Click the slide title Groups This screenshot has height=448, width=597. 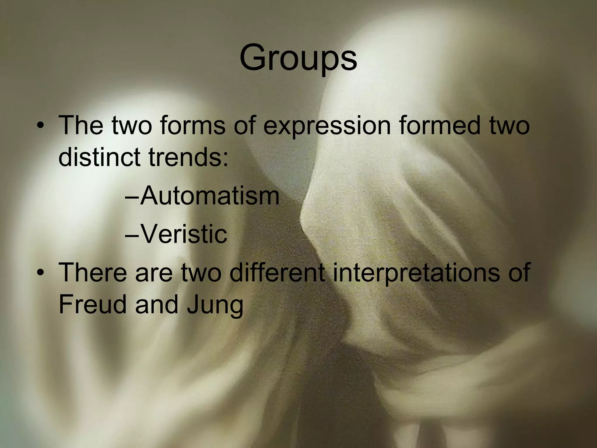point(298,58)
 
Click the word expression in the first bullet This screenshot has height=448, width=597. point(326,126)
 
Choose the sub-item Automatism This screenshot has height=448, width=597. point(210,196)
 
